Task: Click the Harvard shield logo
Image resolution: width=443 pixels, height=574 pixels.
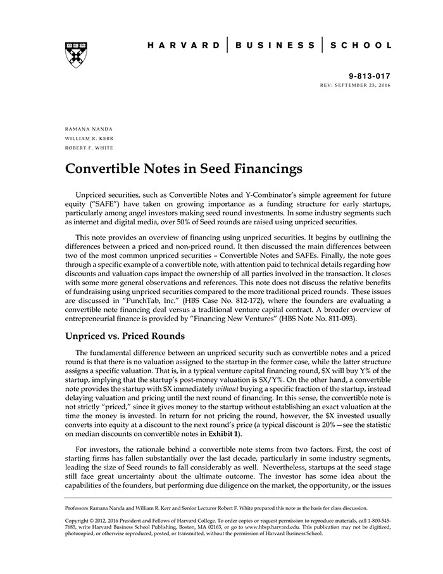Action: pyautogui.click(x=75, y=55)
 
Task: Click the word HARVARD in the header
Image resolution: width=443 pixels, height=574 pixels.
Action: pyautogui.click(x=183, y=46)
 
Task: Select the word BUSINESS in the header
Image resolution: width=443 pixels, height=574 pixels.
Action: pyautogui.click(x=275, y=46)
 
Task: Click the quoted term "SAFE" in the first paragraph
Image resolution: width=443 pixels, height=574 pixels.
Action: pyautogui.click(x=107, y=204)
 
